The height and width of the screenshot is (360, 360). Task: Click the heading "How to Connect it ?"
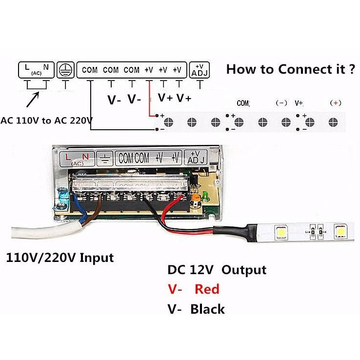(290, 69)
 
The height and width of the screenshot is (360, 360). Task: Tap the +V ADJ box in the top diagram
(199, 70)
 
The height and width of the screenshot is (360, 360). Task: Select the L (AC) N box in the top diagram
(36, 70)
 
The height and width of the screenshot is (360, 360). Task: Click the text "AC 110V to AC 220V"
(46, 120)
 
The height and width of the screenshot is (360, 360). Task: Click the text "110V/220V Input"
(60, 257)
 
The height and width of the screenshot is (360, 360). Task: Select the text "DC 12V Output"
(217, 270)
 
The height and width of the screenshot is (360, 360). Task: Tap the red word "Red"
(207, 289)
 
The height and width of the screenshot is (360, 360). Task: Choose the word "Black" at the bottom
(208, 309)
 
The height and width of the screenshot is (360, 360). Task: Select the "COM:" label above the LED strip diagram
(243, 103)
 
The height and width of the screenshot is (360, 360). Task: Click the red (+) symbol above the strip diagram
(336, 103)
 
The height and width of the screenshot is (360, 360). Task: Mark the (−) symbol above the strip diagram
(281, 103)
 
